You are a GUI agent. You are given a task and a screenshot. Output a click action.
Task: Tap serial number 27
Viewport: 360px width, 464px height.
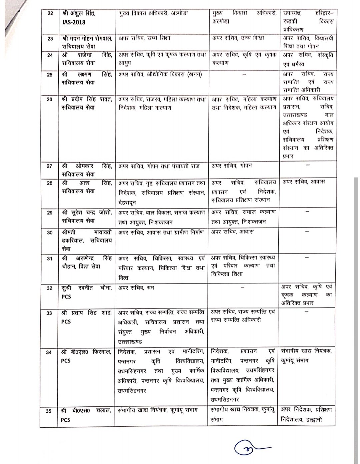click(x=50, y=166)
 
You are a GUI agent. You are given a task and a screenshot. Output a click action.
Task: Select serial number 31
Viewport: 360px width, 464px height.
click(x=50, y=258)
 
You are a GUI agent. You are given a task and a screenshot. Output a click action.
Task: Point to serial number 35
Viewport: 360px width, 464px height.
click(x=49, y=411)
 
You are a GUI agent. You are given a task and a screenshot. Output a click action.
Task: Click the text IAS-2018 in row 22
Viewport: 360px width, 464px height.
click(x=74, y=22)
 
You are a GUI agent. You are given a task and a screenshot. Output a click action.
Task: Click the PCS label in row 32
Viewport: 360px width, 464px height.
click(x=66, y=296)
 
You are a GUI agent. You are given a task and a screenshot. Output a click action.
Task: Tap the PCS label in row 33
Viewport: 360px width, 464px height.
click(x=66, y=322)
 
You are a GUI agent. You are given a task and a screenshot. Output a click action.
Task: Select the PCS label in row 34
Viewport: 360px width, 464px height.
click(x=66, y=361)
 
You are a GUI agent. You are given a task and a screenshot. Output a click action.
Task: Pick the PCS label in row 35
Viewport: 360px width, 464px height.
click(x=66, y=420)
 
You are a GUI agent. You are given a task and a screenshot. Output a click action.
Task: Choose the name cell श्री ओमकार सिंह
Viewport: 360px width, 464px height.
click(x=87, y=170)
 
